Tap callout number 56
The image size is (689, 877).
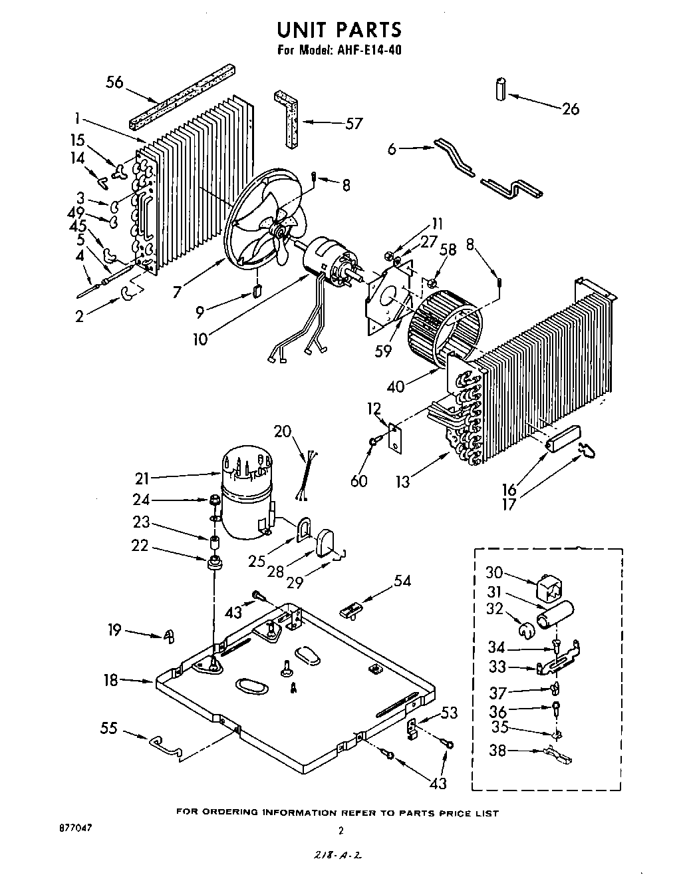click(115, 82)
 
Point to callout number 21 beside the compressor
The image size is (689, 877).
click(142, 478)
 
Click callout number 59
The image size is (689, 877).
click(384, 352)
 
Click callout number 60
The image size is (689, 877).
click(359, 480)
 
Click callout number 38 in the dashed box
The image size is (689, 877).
click(497, 751)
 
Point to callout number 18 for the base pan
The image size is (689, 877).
click(110, 680)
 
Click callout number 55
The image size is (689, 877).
click(108, 728)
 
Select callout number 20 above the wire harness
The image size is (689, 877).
click(283, 431)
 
